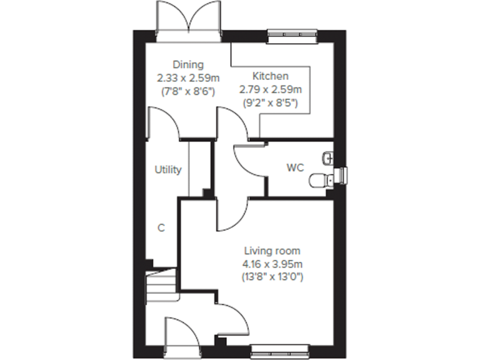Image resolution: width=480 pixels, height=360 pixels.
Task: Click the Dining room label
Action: click(x=188, y=64)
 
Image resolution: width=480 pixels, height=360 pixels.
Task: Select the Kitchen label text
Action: click(x=271, y=76)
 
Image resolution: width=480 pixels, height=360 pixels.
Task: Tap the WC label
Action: click(x=295, y=167)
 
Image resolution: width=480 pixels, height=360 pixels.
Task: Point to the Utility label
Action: click(x=168, y=169)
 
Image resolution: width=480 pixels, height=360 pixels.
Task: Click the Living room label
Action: click(x=272, y=251)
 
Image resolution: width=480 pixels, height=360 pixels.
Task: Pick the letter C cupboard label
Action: click(x=161, y=228)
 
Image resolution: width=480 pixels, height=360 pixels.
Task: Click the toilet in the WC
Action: click(x=322, y=180)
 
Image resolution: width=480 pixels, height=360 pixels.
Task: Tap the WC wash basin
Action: click(x=329, y=156)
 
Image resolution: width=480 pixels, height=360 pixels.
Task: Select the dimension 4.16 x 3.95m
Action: click(x=272, y=262)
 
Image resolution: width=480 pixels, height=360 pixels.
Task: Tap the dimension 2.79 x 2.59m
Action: click(x=271, y=89)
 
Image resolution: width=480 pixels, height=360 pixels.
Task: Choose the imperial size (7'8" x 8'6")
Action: click(x=188, y=91)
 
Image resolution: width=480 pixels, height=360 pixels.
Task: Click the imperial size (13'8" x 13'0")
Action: click(x=272, y=275)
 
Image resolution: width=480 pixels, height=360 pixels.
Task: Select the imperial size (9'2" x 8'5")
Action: click(x=271, y=101)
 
